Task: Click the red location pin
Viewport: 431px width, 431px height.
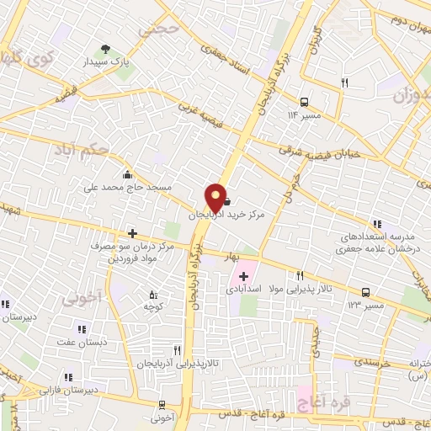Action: click(x=215, y=197)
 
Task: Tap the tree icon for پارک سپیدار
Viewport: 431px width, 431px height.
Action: click(x=104, y=49)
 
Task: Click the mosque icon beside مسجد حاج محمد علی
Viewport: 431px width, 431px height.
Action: click(x=126, y=175)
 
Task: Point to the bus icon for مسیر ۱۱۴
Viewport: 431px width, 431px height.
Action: click(x=304, y=100)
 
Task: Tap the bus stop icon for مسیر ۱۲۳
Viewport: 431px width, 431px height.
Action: click(x=365, y=292)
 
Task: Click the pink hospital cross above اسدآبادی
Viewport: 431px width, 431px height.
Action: click(x=244, y=275)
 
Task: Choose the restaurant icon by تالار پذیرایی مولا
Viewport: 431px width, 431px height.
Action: click(x=300, y=276)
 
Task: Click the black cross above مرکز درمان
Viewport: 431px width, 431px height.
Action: click(x=132, y=232)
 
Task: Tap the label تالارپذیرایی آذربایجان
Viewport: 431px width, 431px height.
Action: click(x=180, y=362)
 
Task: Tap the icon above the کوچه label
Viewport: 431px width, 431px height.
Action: click(x=152, y=295)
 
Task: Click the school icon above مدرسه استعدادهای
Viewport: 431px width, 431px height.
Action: click(x=376, y=224)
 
